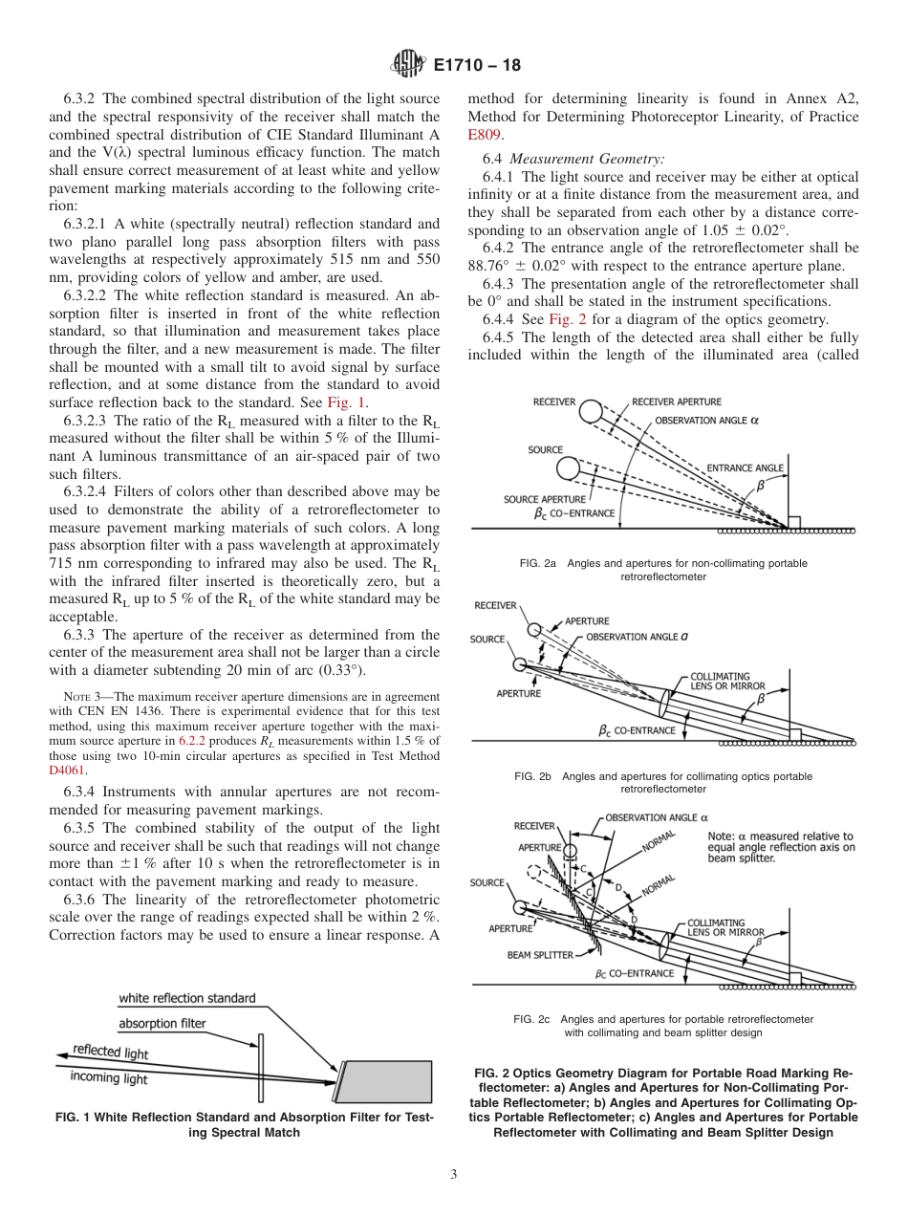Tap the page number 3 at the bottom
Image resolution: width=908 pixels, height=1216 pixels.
click(453, 1175)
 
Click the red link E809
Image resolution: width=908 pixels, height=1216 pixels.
click(486, 135)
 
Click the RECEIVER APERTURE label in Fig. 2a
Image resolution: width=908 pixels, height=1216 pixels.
click(677, 402)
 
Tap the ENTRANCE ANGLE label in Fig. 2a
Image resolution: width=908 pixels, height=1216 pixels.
click(745, 468)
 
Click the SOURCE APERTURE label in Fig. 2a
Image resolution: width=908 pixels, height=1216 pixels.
click(546, 499)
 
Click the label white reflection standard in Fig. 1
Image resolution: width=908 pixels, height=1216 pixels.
click(186, 998)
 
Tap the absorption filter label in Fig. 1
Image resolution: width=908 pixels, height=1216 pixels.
click(162, 1023)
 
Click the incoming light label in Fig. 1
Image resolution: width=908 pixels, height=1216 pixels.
click(109, 1078)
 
